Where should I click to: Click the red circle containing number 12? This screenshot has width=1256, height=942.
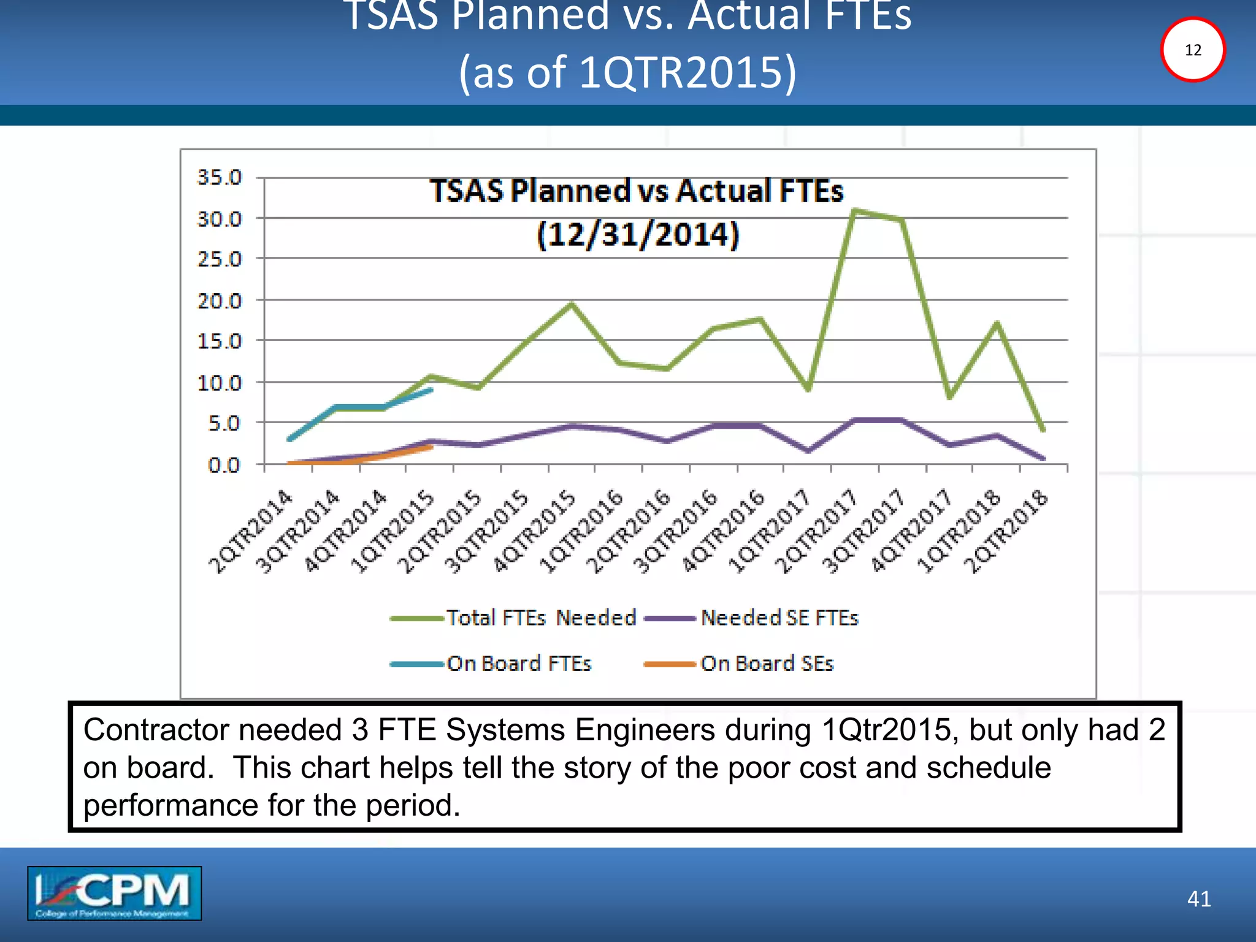pos(1192,50)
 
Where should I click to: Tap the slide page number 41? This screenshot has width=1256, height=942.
pos(1198,898)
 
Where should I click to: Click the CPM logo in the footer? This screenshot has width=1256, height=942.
pos(114,893)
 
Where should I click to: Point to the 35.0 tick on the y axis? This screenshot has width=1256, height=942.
pos(219,178)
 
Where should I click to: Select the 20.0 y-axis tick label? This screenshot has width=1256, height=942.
pos(219,301)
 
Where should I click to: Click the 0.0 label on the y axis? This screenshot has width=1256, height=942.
pos(223,465)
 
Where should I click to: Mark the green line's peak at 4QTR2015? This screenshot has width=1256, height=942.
pos(572,304)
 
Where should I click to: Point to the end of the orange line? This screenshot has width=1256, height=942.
pos(431,447)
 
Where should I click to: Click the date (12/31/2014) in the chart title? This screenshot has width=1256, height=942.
pos(638,235)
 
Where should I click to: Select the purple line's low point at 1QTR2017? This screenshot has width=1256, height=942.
pos(808,451)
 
